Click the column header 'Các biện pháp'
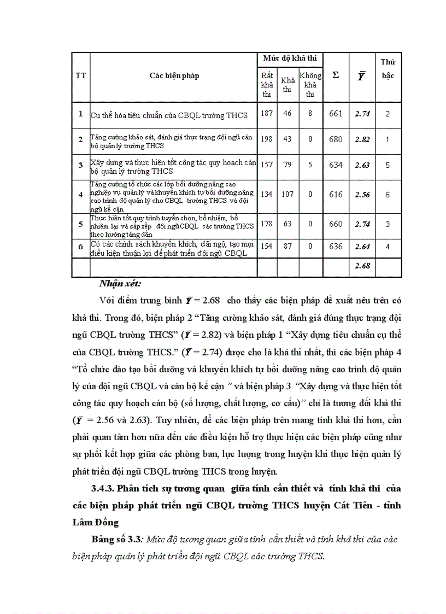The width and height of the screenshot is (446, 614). [x=174, y=76]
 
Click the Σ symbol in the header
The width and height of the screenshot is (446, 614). [x=336, y=75]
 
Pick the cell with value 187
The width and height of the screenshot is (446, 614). [x=267, y=114]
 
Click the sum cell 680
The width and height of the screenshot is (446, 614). [x=336, y=139]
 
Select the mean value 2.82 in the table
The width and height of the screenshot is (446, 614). [x=362, y=139]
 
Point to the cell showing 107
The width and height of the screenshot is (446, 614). [x=287, y=194]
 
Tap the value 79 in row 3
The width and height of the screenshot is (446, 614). [x=287, y=165]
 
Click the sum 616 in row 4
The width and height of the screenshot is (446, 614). [x=336, y=194]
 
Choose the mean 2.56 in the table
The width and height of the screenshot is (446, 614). [x=362, y=194]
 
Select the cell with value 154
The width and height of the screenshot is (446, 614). [x=267, y=247]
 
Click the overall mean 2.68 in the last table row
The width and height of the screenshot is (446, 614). [x=362, y=266]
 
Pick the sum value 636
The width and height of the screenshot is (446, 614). [x=336, y=247]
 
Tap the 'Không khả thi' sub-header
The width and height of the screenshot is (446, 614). [x=310, y=85]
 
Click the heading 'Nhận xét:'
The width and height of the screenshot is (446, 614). [x=120, y=283]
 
